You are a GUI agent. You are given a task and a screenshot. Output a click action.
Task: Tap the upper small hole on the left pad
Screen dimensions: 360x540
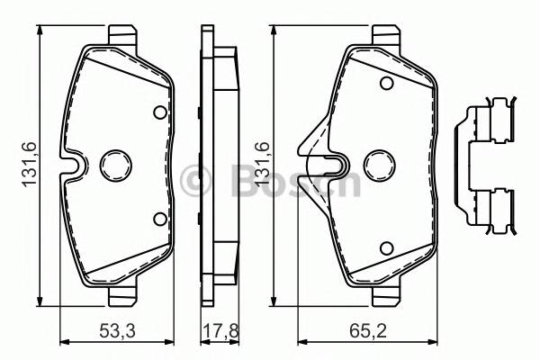click(x=160, y=113)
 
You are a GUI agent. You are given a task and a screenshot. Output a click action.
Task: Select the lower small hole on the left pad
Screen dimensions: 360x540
click(x=160, y=217)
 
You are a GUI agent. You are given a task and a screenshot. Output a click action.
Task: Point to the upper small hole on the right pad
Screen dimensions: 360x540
click(x=385, y=85)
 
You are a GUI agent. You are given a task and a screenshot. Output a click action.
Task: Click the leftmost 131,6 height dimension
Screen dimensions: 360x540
click(x=28, y=166)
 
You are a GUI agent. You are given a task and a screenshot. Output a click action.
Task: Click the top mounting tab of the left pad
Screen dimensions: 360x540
click(x=124, y=36)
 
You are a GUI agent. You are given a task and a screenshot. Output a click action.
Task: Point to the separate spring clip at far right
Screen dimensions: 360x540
click(x=491, y=166)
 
